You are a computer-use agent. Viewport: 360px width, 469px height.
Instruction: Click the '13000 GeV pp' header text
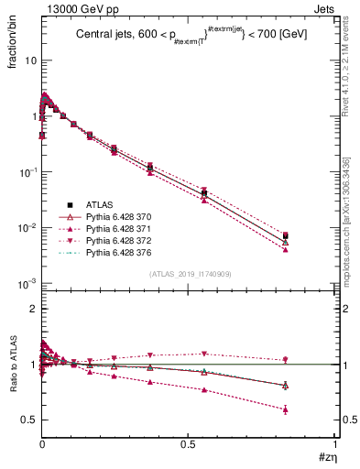click(71, 7)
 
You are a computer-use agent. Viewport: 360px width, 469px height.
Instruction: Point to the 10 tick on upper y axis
click(30, 60)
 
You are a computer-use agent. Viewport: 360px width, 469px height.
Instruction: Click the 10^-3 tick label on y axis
click(27, 283)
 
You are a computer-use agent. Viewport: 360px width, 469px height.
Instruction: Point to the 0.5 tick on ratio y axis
click(28, 420)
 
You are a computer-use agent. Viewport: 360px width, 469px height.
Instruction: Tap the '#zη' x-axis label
click(327, 457)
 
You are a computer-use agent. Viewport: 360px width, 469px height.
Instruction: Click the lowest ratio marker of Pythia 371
click(312, 409)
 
